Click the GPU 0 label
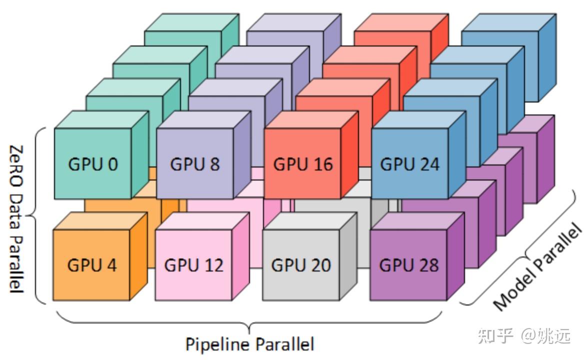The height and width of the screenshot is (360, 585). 93,164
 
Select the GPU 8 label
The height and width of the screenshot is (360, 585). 195,164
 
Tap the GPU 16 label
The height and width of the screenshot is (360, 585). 302,164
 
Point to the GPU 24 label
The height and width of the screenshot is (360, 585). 409,164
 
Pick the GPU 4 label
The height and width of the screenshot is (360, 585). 92,265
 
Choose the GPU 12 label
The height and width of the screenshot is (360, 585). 193,265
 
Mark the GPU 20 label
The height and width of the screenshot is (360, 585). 301,265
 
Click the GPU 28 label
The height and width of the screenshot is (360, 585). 409,265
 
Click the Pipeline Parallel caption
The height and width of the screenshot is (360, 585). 249,344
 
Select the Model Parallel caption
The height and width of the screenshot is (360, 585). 537,266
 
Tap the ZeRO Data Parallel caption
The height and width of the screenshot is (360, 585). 16,219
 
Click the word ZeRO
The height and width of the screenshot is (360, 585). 16,165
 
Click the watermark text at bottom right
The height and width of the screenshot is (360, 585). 524,335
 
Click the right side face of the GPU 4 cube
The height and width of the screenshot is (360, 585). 138,256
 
